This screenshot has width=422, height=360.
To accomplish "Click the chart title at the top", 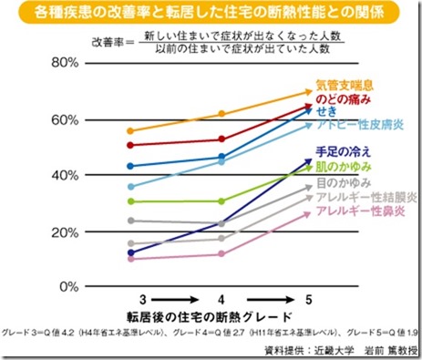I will (x=211, y=14).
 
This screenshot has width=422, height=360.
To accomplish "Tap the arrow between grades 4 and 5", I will (x=265, y=299).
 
